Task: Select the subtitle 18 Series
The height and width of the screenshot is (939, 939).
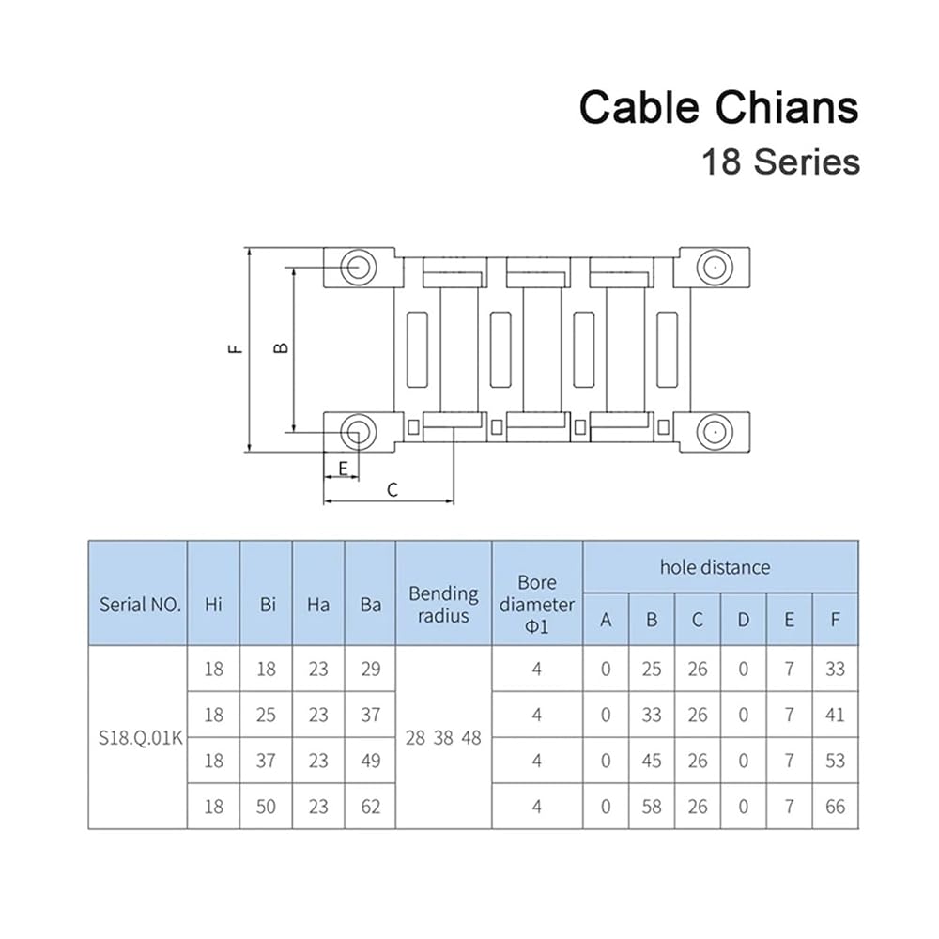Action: click(780, 162)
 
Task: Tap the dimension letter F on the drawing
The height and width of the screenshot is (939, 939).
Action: click(236, 349)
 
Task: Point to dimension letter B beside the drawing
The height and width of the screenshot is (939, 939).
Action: click(281, 348)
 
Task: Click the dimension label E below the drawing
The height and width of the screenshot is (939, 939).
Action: click(343, 468)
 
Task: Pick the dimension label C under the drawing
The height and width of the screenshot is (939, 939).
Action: click(393, 490)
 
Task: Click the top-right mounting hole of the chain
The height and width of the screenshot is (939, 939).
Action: click(715, 267)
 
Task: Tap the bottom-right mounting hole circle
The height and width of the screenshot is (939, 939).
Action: click(715, 432)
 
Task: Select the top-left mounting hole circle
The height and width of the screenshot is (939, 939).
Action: click(358, 267)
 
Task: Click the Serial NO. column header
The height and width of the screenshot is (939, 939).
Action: click(140, 604)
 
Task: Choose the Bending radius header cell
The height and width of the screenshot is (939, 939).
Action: click(443, 605)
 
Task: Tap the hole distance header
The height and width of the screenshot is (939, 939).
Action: click(715, 567)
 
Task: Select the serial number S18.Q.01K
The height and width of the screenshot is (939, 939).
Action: click(140, 738)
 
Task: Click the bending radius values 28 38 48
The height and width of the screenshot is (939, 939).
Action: click(443, 738)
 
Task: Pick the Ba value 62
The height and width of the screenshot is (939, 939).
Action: click(371, 807)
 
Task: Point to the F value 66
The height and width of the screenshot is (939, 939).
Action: click(835, 807)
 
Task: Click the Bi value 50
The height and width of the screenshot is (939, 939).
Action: click(266, 807)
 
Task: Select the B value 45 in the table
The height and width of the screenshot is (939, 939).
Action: click(652, 761)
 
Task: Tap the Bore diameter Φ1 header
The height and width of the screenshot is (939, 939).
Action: click(536, 604)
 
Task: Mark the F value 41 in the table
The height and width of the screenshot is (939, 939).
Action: click(835, 715)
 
